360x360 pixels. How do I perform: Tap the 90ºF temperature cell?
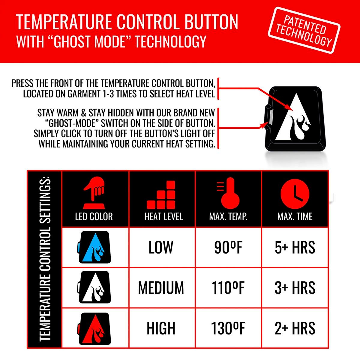click(228, 247)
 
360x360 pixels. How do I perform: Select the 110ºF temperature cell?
click(228, 288)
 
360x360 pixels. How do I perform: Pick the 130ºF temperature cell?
click(228, 328)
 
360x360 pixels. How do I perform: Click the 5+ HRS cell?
click(295, 247)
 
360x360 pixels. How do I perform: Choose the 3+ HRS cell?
click(295, 288)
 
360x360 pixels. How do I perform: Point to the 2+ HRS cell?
click(295, 328)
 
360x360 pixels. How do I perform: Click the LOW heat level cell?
click(161, 247)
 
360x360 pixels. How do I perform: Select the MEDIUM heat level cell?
click(161, 288)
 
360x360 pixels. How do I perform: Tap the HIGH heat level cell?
click(161, 328)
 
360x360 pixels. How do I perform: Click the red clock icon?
click(295, 193)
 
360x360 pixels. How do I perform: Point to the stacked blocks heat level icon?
click(162, 196)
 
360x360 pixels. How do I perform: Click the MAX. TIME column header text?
click(295, 217)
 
